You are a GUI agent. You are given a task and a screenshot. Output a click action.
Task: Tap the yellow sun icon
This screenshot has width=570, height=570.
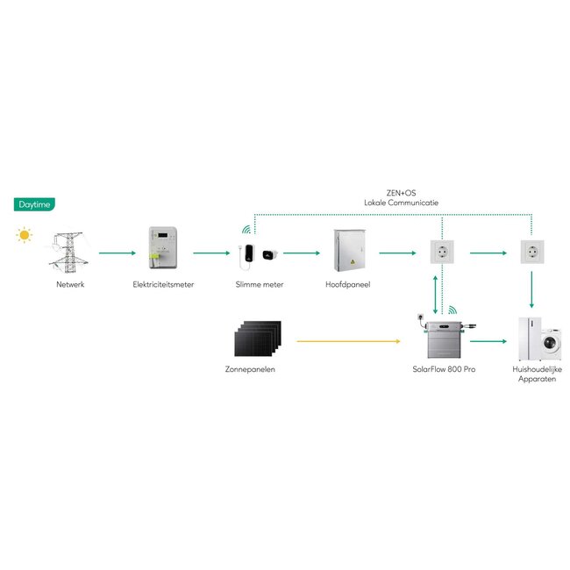pos(24,235)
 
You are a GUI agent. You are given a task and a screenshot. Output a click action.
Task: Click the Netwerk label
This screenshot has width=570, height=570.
pos(70,284)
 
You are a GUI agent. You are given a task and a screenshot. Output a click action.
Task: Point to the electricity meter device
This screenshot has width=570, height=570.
pos(163,250)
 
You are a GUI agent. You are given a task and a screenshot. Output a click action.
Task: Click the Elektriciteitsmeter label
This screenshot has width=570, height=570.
pos(163,284)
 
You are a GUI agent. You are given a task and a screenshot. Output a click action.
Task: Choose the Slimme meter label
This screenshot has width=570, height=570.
pos(259,284)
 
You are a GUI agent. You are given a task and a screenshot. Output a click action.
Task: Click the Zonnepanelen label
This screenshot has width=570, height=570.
pos(251,368)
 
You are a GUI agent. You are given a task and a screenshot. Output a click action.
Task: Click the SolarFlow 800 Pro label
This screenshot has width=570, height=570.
pos(444,368)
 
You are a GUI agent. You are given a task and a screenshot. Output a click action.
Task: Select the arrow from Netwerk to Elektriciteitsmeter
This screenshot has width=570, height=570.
pos(116,253)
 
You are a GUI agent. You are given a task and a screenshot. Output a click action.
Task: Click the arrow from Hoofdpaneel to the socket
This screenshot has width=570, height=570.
pos(397,253)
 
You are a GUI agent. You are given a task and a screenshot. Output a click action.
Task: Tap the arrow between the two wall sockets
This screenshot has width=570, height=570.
pos(488,253)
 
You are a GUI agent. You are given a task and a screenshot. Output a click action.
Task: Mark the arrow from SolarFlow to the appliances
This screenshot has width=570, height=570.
pos(488,340)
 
